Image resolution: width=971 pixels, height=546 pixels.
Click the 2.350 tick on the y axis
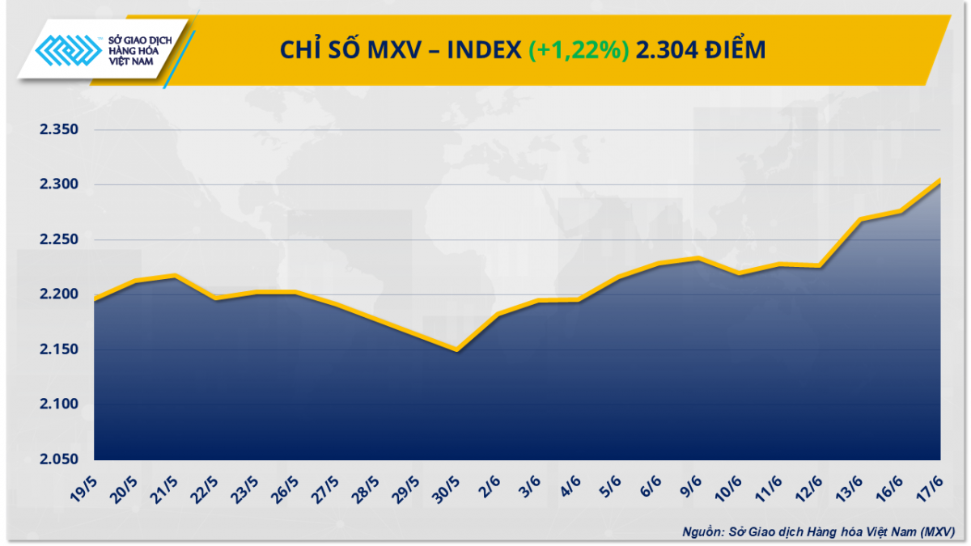(x=57, y=130)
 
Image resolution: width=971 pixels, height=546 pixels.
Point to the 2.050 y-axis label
(x=57, y=459)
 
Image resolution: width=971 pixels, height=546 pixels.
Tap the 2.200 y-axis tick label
(x=57, y=294)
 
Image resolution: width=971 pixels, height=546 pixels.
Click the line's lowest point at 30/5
(x=457, y=350)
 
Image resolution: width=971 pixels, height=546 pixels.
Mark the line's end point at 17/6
(x=939, y=180)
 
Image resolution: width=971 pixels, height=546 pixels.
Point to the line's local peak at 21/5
(x=175, y=276)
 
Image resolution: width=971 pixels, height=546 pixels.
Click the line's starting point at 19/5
(x=95, y=300)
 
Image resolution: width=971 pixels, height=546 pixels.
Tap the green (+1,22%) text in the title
(x=579, y=50)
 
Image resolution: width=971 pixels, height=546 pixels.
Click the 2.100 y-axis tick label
(x=57, y=404)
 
